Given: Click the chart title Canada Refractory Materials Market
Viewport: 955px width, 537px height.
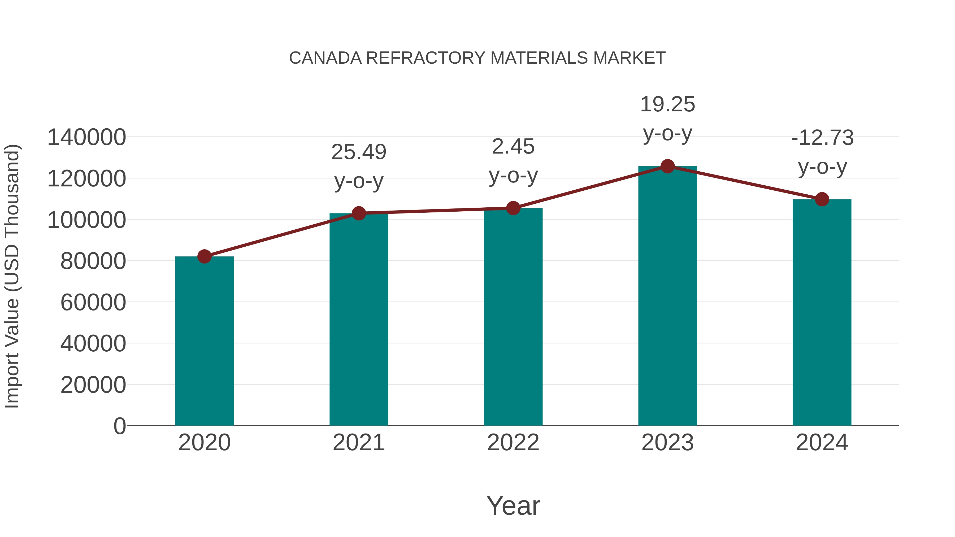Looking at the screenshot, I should click(477, 58).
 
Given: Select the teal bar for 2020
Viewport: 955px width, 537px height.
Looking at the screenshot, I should click(204, 341).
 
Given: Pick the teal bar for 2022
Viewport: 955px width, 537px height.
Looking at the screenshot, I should click(513, 317).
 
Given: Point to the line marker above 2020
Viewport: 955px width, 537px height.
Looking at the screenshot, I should click(204, 256).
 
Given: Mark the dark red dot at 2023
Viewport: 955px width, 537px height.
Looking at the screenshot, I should click(667, 166).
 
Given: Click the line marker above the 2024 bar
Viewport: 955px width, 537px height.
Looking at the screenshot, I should click(822, 199).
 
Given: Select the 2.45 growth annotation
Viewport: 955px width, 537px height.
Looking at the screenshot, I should click(513, 147).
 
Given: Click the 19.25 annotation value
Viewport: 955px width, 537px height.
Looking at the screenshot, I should click(667, 104).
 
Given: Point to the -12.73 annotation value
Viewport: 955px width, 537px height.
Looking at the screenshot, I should click(822, 138).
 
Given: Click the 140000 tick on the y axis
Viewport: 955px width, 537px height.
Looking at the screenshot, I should click(86, 137).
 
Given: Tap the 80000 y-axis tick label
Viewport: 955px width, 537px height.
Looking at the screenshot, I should click(93, 261).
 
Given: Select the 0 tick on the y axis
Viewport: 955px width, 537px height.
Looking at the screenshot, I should click(119, 426).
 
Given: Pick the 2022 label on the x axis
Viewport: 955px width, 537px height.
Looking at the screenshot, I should click(513, 443).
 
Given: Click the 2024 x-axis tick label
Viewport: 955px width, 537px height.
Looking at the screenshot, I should click(822, 443).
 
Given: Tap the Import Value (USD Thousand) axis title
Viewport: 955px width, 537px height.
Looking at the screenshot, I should click(12, 276).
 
